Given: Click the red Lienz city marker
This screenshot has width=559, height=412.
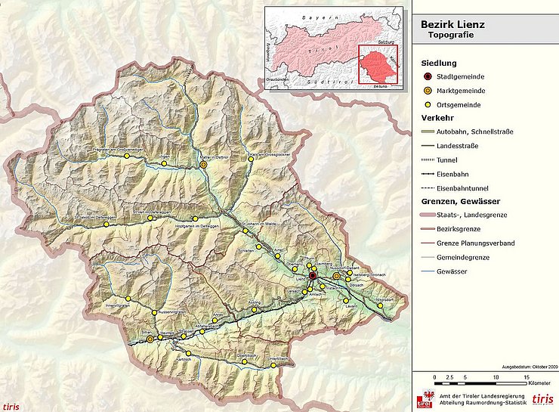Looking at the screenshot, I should (x=313, y=277).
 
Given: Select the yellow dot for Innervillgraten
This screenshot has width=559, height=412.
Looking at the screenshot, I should (x=128, y=299).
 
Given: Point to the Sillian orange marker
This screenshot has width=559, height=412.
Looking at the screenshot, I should (x=150, y=340).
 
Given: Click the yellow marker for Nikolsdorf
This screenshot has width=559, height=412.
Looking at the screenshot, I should (x=378, y=296).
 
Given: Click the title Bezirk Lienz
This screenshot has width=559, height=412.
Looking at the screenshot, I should (x=453, y=24).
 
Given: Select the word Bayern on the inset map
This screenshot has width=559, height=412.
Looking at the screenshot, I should (x=311, y=17).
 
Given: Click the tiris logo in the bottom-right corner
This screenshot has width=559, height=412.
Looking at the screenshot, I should (x=542, y=398).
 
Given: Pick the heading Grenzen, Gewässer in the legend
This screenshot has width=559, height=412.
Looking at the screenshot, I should (x=459, y=202).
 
